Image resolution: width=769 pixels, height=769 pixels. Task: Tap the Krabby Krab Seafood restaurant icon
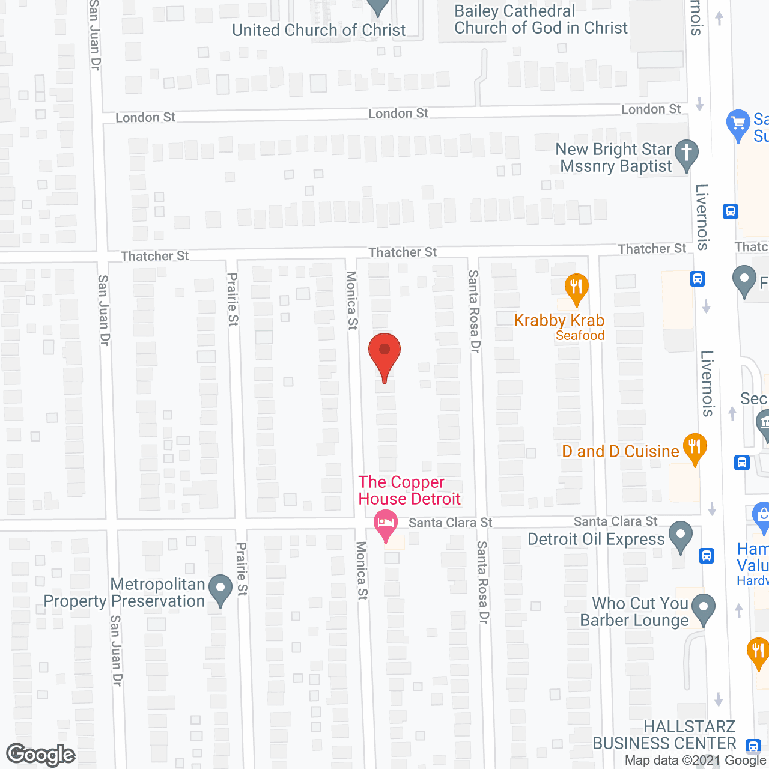(576, 289)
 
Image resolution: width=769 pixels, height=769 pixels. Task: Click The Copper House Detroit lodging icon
(385, 524)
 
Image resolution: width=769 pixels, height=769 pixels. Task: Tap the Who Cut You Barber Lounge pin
(704, 608)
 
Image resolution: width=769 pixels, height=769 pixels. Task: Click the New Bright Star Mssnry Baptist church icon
(686, 154)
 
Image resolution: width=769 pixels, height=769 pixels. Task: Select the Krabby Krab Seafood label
(559, 327)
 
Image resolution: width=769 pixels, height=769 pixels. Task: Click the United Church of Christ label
(319, 30)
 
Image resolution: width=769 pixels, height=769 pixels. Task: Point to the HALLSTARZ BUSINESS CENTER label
(664, 735)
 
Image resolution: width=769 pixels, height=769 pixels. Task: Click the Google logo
(41, 755)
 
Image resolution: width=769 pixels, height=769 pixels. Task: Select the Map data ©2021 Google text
(695, 761)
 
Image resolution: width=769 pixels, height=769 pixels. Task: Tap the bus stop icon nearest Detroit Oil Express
(707, 556)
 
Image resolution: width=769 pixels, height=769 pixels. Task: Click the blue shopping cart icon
(738, 124)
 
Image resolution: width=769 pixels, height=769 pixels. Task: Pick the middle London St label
(398, 114)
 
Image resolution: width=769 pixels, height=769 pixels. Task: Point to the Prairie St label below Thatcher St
(233, 299)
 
